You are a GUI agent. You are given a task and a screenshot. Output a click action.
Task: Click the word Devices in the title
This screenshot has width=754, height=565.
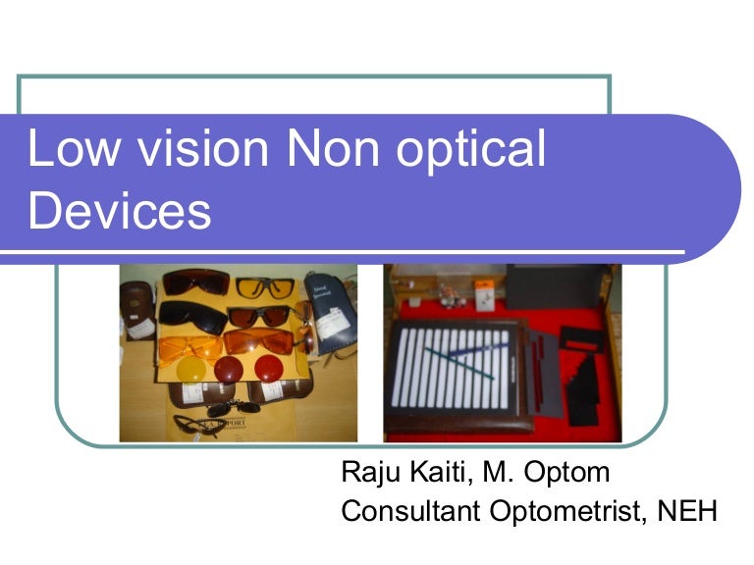click(x=120, y=211)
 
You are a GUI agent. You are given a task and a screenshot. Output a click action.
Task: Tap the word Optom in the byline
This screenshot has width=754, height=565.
click(x=569, y=474)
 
